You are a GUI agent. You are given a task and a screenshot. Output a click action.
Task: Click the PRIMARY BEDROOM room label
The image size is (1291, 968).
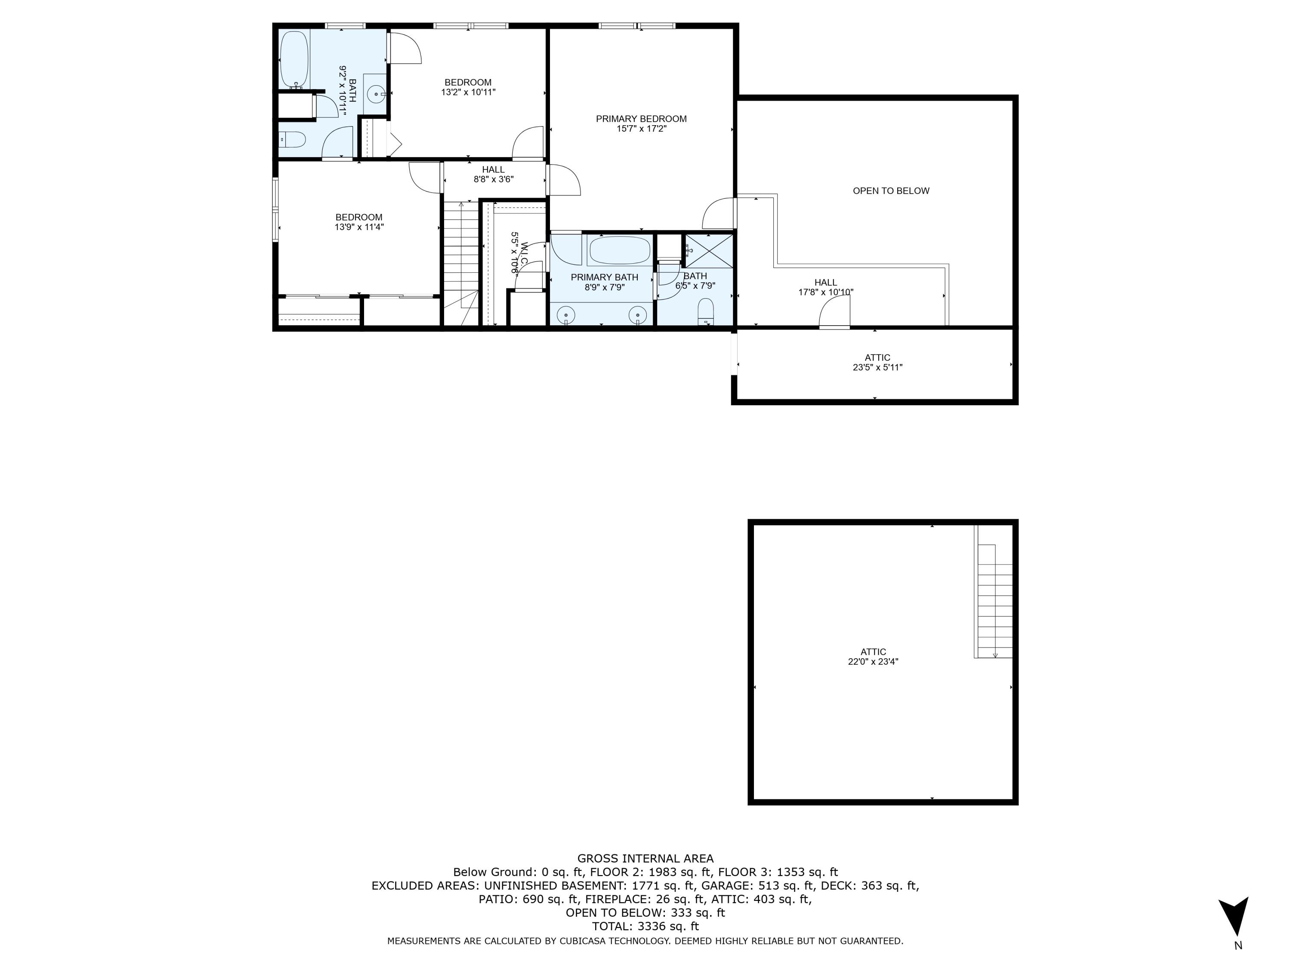(x=641, y=119)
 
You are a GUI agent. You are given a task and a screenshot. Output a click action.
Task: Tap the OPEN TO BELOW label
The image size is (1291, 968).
(x=891, y=191)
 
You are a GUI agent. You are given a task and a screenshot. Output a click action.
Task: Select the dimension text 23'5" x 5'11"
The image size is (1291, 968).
(x=877, y=367)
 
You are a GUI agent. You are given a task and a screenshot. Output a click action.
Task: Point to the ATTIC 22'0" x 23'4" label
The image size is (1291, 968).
(x=873, y=657)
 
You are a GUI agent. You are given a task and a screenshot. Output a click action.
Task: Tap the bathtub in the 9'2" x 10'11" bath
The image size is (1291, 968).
(x=294, y=59)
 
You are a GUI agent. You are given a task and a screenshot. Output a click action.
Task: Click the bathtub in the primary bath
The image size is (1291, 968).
(x=619, y=250)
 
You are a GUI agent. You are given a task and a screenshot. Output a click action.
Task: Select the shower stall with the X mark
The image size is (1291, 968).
(x=708, y=251)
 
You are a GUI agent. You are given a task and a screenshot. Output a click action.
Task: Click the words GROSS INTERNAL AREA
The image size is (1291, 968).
(x=645, y=858)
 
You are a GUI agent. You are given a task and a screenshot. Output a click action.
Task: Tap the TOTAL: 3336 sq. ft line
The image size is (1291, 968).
(x=645, y=926)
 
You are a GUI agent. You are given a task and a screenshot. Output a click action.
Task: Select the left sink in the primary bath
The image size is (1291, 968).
(x=565, y=314)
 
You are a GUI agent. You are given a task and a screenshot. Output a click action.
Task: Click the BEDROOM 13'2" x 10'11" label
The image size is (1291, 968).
(x=468, y=87)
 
